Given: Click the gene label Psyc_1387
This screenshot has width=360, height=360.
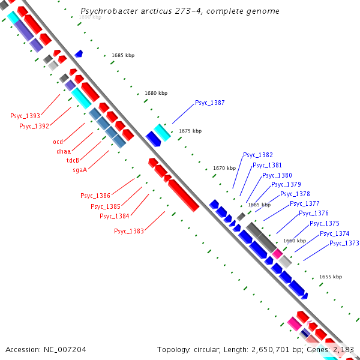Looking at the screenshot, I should pyautogui.click(x=209, y=103).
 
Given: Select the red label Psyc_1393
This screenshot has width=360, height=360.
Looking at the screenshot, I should pyautogui.click(x=25, y=116).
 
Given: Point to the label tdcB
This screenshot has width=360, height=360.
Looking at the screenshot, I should pyautogui.click(x=73, y=160).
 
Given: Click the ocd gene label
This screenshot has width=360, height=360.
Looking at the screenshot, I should pyautogui.click(x=58, y=142).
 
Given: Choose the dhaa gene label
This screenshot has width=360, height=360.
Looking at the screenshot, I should pyautogui.click(x=64, y=151).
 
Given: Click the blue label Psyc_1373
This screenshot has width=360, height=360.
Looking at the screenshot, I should pyautogui.click(x=344, y=243).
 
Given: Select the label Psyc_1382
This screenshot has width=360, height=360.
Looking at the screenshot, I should pyautogui.click(x=257, y=155).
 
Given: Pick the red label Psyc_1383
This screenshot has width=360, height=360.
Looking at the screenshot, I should pyautogui.click(x=129, y=231).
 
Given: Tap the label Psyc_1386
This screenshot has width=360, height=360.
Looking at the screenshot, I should pyautogui.click(x=95, y=196).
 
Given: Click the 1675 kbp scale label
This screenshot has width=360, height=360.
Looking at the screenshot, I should pyautogui.click(x=190, y=131).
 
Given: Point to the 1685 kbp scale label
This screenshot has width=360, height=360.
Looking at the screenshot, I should pyautogui.click(x=122, y=55).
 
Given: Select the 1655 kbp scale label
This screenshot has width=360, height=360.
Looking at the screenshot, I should pyautogui.click(x=330, y=277).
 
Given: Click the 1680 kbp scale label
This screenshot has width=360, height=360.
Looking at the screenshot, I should pyautogui.click(x=156, y=93).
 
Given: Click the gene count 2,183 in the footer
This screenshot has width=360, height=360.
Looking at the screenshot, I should pyautogui.click(x=343, y=349).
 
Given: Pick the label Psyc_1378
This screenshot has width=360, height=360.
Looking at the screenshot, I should pyautogui.click(x=295, y=194).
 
